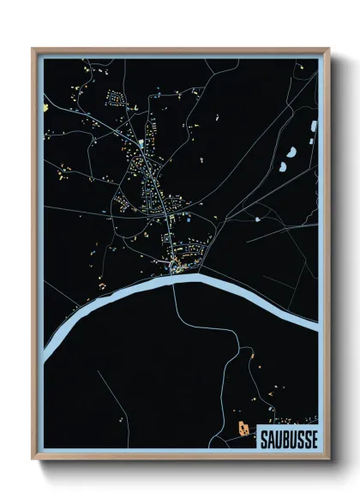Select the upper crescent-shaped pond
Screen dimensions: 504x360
(x=294, y=152)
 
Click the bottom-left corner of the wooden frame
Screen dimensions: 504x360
(x=33, y=459)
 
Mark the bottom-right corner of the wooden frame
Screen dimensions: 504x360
(x=328, y=459)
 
